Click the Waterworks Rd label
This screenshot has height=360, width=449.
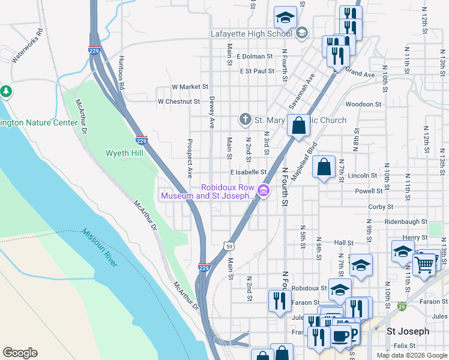[x=28, y=45]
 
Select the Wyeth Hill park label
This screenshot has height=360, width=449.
[x=125, y=153]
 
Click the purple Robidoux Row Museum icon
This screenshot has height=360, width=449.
[x=263, y=191]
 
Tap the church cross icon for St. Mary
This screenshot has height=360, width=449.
[x=245, y=119]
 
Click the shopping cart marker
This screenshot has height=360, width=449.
[x=424, y=264]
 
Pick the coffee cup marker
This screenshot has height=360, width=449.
[x=342, y=337]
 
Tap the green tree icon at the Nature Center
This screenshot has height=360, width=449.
[x=7, y=92]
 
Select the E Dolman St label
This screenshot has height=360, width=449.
[x=255, y=56]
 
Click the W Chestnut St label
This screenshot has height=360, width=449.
[x=178, y=101]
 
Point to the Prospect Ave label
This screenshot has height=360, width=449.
[x=190, y=159]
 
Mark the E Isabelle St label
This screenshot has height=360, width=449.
[x=248, y=172]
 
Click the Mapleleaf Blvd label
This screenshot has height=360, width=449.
[x=304, y=161]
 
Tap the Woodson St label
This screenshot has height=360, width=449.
[x=364, y=104]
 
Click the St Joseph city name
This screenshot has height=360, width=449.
[x=408, y=331]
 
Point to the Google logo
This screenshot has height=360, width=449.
[x=20, y=353]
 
